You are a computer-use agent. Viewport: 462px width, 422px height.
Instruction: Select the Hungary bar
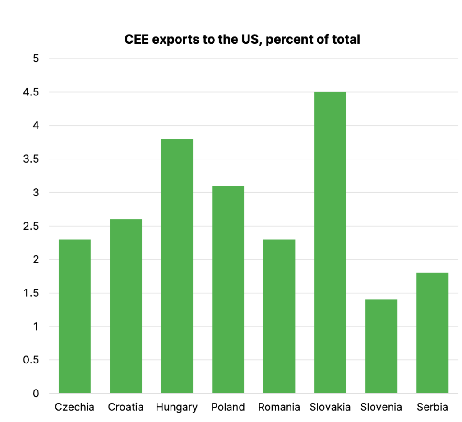pyautogui.click(x=177, y=266)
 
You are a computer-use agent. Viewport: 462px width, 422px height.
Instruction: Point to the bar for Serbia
pyautogui.click(x=432, y=333)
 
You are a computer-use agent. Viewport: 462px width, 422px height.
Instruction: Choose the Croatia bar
pyautogui.click(x=125, y=306)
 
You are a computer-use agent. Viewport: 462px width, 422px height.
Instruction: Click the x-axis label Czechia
pyautogui.click(x=74, y=408)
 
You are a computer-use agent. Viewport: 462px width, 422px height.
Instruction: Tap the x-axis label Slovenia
pyautogui.click(x=381, y=408)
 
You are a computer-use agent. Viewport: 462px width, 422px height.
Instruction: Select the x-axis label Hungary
pyautogui.click(x=177, y=408)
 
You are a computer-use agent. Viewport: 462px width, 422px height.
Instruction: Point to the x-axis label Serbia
pyautogui.click(x=432, y=408)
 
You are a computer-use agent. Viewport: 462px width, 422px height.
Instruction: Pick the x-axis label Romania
pyautogui.click(x=279, y=408)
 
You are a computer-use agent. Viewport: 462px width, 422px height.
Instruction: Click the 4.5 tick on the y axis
pyautogui.click(x=32, y=92)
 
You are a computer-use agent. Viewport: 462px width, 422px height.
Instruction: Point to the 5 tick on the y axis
pyautogui.click(x=36, y=59)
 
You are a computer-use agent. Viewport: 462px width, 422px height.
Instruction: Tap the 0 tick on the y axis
pyautogui.click(x=36, y=394)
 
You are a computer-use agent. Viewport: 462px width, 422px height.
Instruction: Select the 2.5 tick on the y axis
pyautogui.click(x=32, y=226)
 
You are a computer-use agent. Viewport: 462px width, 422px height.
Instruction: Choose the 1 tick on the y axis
pyautogui.click(x=36, y=327)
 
